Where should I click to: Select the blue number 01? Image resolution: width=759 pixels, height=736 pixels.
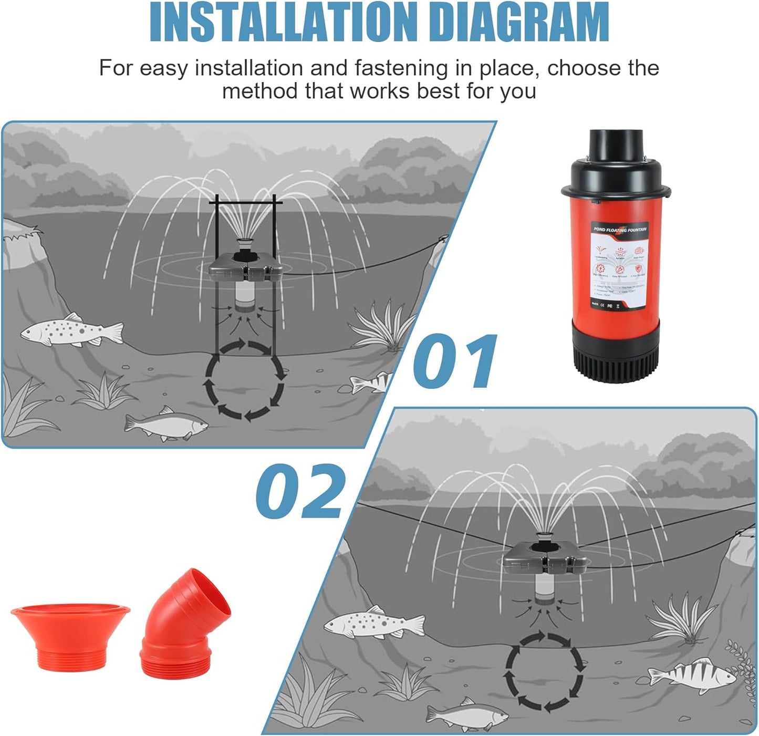[454, 361]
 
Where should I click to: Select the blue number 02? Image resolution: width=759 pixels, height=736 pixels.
[301, 491]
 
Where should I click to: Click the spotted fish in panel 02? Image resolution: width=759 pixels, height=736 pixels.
[373, 623]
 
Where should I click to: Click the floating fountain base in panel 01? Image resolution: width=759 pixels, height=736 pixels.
[245, 268]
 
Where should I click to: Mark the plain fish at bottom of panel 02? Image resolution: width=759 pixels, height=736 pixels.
[466, 714]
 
